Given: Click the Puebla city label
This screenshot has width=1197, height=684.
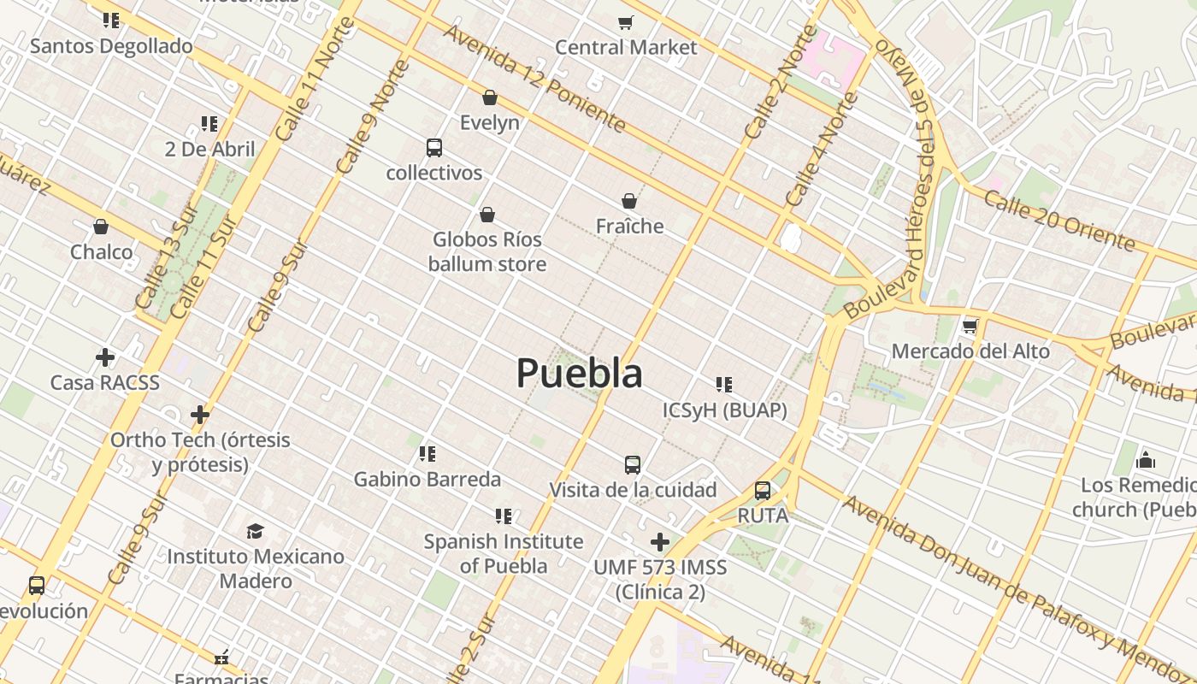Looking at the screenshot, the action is (579, 374).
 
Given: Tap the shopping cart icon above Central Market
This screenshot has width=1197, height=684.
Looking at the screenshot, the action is (626, 22).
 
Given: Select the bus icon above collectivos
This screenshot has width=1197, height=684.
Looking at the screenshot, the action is (434, 148).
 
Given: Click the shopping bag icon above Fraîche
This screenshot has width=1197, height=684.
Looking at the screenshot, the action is (629, 201).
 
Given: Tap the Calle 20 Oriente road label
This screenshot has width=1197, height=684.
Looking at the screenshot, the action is (1060, 221).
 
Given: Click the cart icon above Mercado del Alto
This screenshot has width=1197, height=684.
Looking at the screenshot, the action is (970, 326).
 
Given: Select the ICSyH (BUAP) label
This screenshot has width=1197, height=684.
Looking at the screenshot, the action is (724, 410).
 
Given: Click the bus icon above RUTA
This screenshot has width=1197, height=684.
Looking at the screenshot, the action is (762, 491).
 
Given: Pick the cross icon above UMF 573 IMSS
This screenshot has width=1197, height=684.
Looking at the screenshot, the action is (659, 542).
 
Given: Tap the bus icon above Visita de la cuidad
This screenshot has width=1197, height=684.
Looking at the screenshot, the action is (633, 465).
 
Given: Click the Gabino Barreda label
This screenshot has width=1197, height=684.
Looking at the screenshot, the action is (427, 479).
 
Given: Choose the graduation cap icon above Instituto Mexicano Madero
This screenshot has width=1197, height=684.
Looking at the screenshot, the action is (255, 532).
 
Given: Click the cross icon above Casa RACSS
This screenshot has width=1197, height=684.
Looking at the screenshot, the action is (105, 357).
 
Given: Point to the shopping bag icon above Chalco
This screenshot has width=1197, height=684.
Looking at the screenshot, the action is (101, 227).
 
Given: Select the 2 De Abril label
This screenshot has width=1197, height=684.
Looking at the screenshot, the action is (209, 150).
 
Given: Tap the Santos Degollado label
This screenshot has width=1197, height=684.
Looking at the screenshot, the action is (111, 46).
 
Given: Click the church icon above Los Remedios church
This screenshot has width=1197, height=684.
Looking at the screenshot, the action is (1146, 462).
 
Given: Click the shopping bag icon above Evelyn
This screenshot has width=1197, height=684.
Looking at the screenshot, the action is (490, 97).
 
